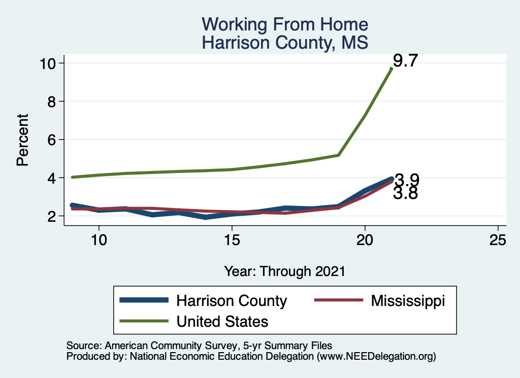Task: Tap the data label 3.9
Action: [407, 180]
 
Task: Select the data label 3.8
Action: [405, 193]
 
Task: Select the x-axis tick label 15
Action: [232, 240]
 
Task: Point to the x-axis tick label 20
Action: [365, 240]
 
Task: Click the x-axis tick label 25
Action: [498, 240]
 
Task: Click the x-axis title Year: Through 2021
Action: [284, 271]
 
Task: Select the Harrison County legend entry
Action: [232, 300]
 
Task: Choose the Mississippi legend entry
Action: [408, 300]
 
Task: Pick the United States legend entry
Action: [222, 321]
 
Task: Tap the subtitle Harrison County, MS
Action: [284, 42]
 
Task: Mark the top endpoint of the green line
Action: [391, 68]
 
